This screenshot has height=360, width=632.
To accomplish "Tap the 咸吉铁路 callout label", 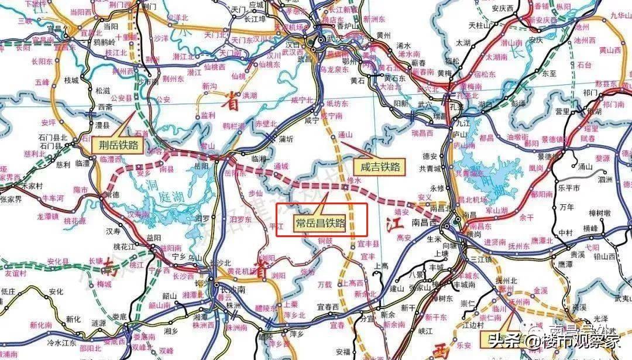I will tap(380, 167).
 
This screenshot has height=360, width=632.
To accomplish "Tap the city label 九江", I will tap(462, 124).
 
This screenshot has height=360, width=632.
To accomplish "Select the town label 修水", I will tap(355, 181).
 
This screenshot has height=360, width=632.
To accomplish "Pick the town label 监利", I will tap(208, 116).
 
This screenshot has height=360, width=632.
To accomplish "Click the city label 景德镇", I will tap(551, 141).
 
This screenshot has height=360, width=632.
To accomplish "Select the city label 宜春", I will tap(336, 325).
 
